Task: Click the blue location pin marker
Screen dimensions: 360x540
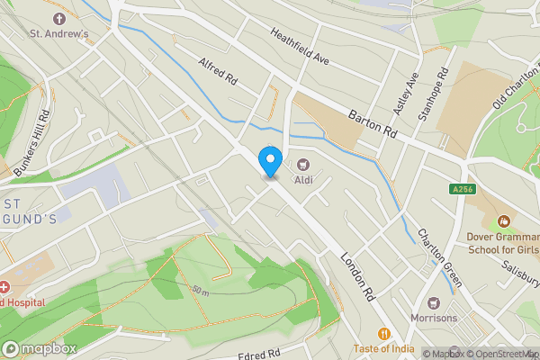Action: click(269, 160)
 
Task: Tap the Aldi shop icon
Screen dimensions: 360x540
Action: click(302, 164)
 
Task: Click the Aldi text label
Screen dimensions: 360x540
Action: click(302, 180)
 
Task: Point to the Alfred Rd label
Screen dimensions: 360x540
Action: click(217, 69)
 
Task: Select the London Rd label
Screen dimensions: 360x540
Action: click(357, 274)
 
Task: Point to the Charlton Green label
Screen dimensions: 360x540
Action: click(439, 257)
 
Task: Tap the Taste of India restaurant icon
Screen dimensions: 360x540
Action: click(383, 333)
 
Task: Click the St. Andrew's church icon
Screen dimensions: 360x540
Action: click(60, 18)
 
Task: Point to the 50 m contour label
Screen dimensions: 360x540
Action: click(199, 292)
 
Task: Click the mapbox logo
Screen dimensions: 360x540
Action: click(38, 348)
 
